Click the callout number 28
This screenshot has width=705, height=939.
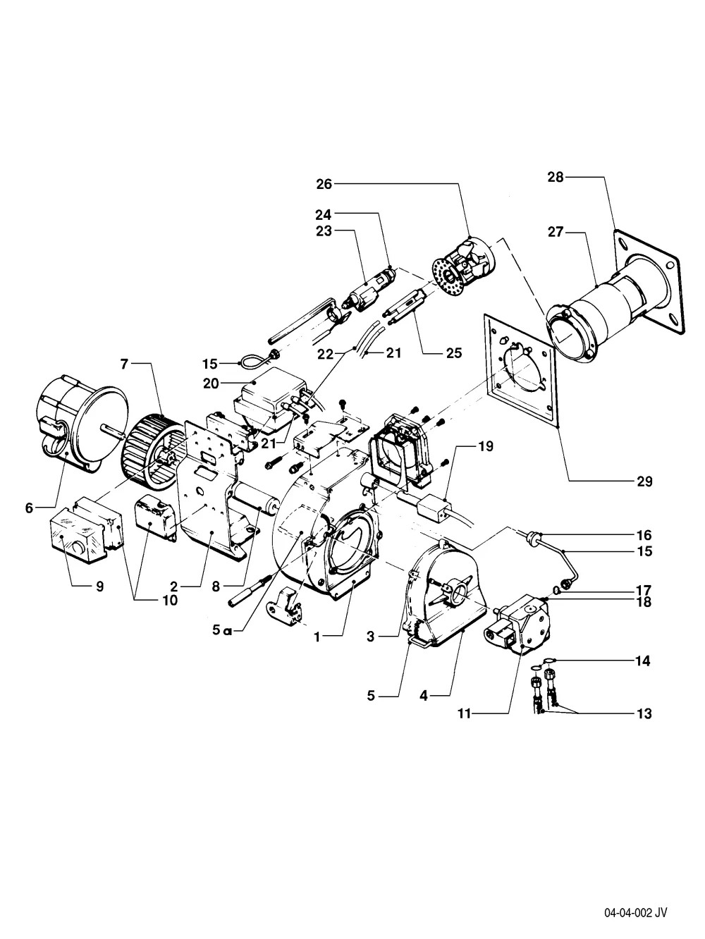point(556,177)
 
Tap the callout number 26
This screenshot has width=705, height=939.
point(324,184)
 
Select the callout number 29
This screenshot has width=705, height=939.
point(644,481)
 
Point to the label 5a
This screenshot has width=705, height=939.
point(222,630)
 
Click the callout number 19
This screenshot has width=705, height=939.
point(485,446)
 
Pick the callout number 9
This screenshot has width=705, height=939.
point(99,586)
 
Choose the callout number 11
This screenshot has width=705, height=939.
point(464,713)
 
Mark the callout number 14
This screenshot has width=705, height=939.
point(642,661)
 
